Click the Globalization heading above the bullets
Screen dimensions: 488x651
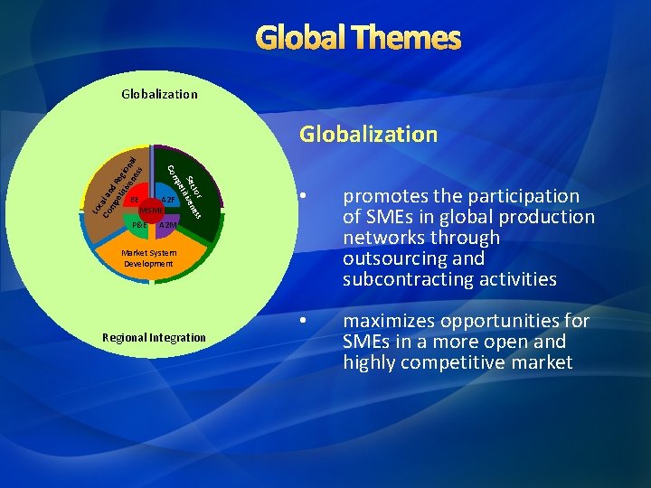coord(368,135)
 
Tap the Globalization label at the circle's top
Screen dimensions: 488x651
coord(159,93)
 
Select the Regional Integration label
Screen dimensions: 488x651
coord(154,337)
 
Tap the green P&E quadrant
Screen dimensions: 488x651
coord(137,224)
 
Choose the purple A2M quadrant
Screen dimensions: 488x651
coord(167,224)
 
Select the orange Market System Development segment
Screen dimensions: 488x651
coord(150,258)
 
